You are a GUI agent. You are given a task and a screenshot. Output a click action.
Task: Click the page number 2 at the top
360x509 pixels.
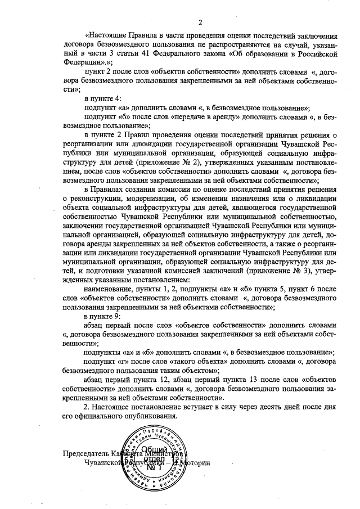(200, 22)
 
